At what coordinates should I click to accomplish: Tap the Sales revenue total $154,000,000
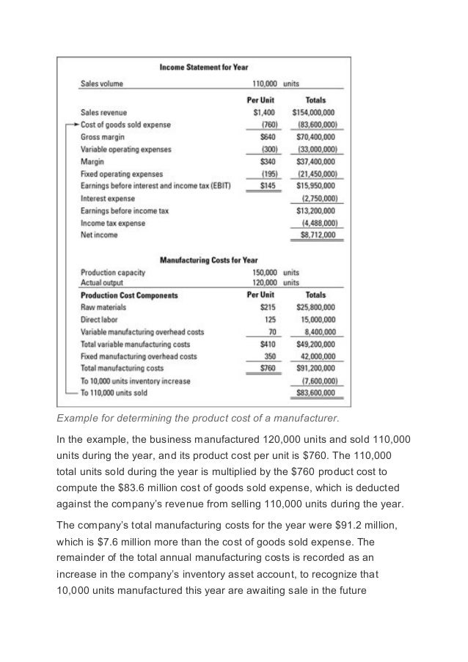pyautogui.click(x=313, y=113)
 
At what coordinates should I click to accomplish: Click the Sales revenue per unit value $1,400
pyautogui.click(x=262, y=113)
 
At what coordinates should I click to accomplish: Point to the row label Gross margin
pyautogui.click(x=102, y=137)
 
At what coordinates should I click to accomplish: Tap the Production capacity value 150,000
pyautogui.click(x=263, y=273)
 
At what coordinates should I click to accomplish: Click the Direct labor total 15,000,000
pyautogui.click(x=317, y=320)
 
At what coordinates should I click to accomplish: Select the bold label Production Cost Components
pyautogui.click(x=129, y=295)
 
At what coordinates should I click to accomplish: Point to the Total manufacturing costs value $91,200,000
pyautogui.click(x=315, y=368)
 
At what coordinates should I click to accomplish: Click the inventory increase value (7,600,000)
pyautogui.click(x=318, y=381)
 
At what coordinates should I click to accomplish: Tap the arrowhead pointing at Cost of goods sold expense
pyautogui.click(x=74, y=125)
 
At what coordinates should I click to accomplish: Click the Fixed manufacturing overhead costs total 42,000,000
pyautogui.click(x=317, y=356)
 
